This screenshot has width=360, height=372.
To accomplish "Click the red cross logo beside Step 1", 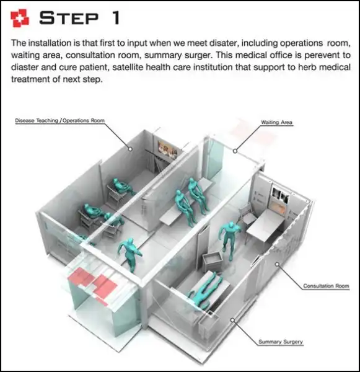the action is (20, 18).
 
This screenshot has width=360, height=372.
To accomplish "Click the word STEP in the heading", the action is (69, 18).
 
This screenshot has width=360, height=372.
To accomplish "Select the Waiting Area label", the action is (276, 122).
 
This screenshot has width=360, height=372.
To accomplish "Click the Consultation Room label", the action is (326, 286).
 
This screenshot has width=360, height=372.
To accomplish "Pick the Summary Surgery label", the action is (281, 342).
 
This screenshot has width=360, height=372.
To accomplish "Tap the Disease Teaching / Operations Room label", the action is (59, 120).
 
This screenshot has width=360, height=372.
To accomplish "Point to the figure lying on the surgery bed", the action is (204, 290).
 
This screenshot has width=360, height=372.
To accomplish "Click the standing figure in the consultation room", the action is (229, 240).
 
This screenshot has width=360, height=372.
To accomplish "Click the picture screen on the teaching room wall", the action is (168, 149).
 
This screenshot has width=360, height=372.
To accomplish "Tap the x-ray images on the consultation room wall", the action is (280, 195).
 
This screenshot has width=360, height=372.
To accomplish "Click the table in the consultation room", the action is (265, 226).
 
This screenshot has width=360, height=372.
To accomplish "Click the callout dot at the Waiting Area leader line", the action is (235, 151).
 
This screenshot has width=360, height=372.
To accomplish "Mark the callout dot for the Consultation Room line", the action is (277, 264).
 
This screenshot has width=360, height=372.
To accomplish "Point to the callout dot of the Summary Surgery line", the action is (232, 321).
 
